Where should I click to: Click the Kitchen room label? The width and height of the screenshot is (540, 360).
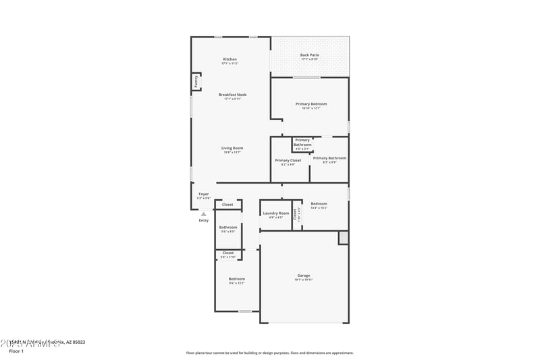(230, 59)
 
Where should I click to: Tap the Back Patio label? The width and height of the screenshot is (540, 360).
(310, 55)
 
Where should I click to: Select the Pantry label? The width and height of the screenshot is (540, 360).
(196, 82)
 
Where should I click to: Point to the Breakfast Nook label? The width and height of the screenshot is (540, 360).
(232, 95)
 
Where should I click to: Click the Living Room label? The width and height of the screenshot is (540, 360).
(232, 148)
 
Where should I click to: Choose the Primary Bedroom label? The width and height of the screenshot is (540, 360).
(311, 104)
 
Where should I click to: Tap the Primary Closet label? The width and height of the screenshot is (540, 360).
(288, 161)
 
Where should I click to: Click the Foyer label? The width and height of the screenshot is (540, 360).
(203, 194)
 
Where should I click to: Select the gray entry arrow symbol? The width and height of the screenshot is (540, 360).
(204, 214)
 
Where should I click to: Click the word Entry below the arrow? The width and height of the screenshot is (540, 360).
(204, 220)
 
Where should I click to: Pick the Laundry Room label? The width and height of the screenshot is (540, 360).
(276, 213)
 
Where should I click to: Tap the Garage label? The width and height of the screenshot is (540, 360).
(304, 276)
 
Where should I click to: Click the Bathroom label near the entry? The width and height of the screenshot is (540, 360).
(228, 228)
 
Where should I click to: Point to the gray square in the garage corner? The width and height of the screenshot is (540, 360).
(344, 237)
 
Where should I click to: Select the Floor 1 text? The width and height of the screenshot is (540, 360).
(16, 351)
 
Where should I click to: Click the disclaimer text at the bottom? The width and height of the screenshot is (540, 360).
(269, 353)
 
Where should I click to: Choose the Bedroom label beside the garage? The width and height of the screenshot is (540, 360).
(236, 279)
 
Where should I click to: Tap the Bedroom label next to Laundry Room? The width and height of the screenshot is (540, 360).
(319, 204)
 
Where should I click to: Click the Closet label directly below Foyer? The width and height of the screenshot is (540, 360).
(227, 205)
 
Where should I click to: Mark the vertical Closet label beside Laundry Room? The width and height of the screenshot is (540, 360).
(295, 214)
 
